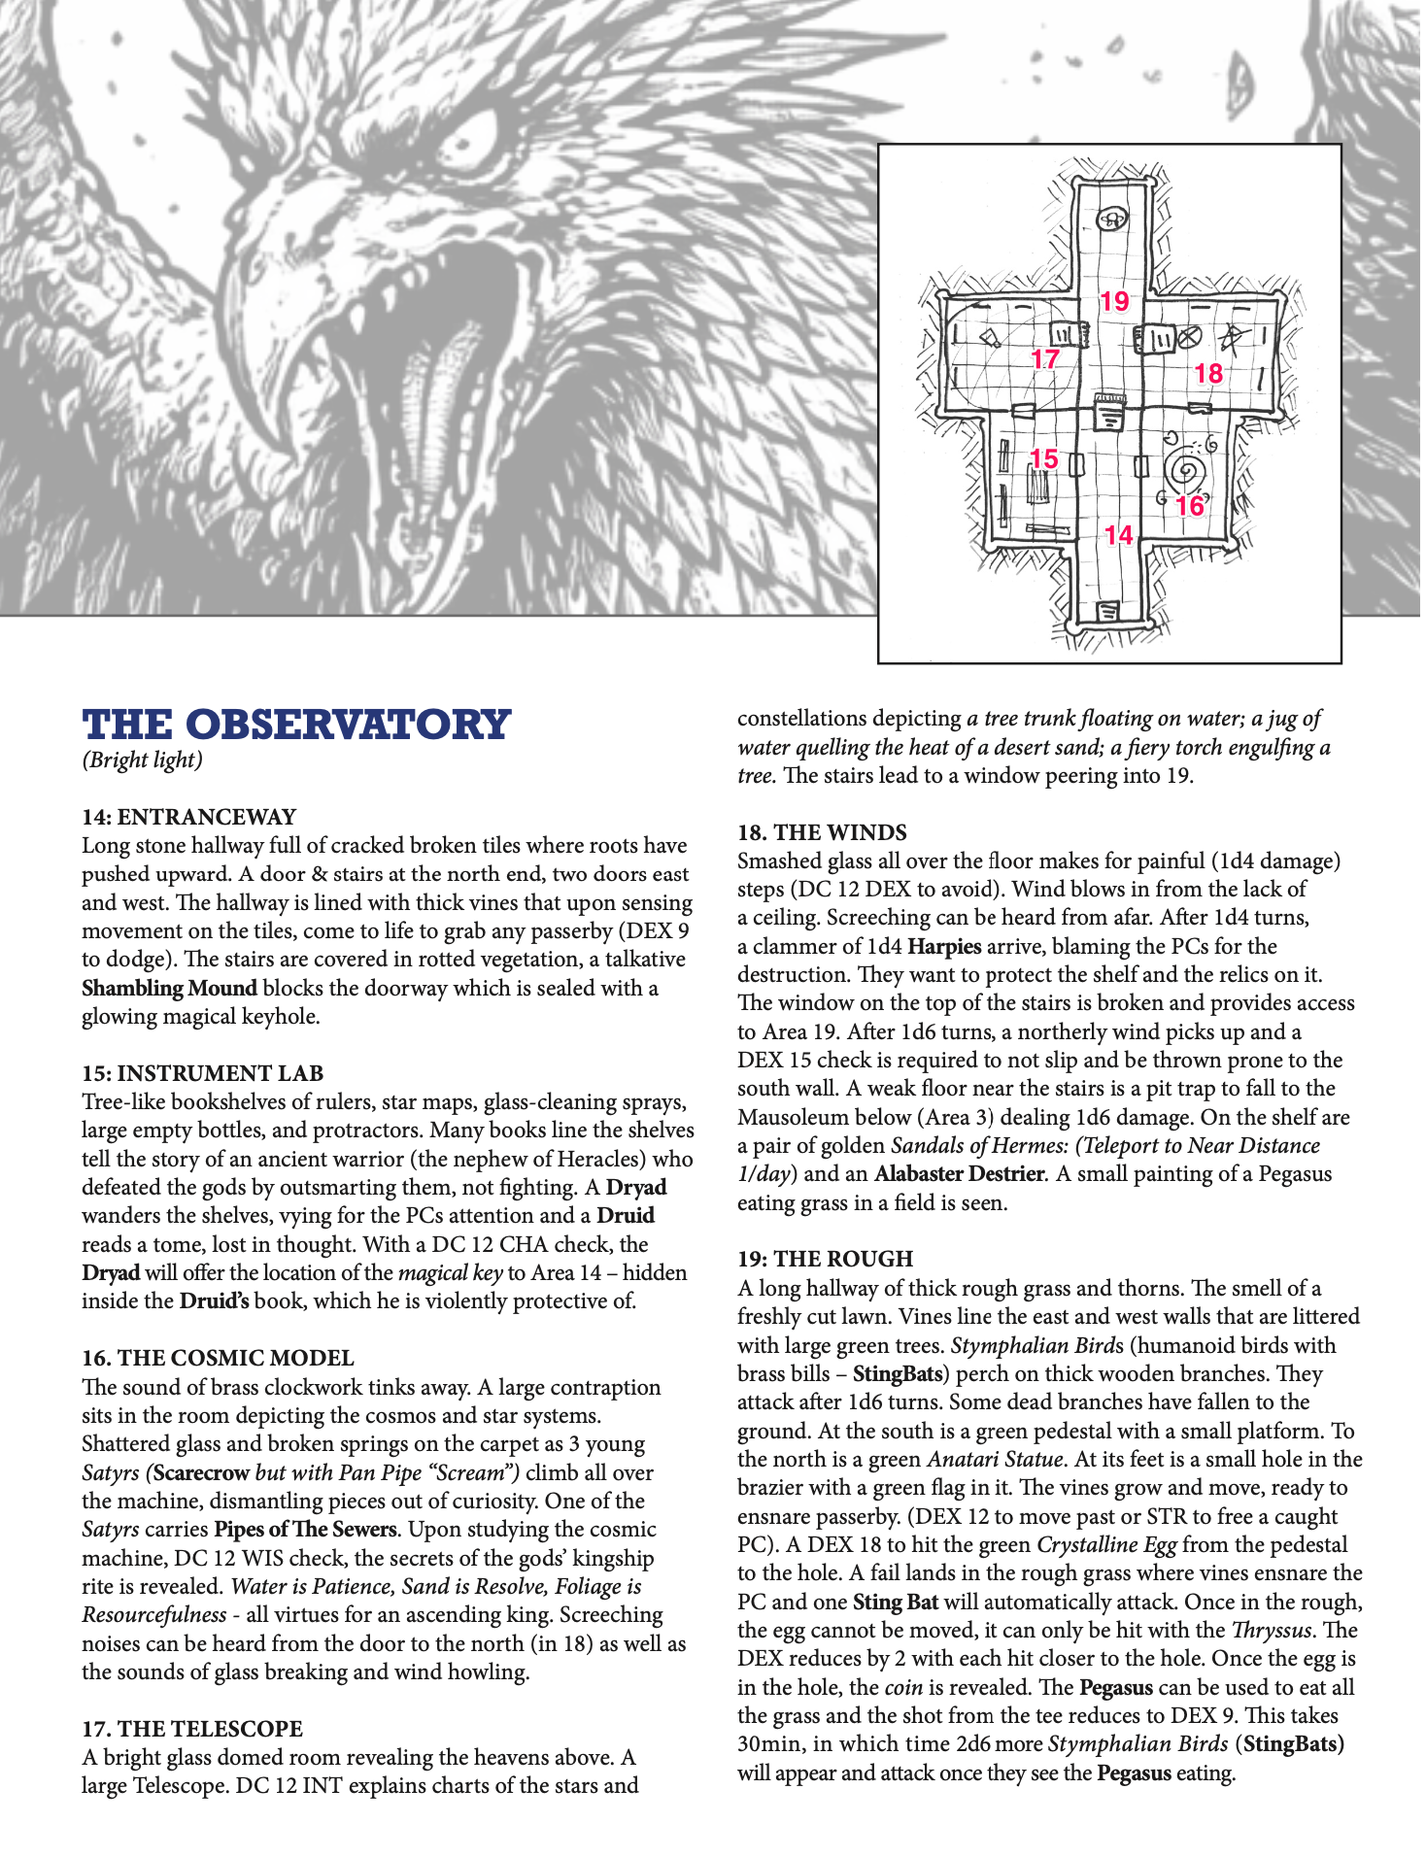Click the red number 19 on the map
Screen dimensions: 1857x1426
1114,301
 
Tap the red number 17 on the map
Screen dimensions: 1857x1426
1044,359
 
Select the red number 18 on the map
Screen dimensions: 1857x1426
1208,373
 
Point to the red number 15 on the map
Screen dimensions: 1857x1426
1043,458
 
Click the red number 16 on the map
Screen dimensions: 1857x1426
1190,506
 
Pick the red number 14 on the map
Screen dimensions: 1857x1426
1118,535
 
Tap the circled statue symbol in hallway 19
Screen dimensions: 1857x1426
1112,219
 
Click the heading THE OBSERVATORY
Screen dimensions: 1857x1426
296,725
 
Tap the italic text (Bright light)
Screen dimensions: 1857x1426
142,760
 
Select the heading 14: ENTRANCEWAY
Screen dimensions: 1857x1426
188,817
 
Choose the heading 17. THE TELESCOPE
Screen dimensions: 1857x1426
192,1729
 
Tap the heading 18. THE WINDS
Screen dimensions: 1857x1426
822,832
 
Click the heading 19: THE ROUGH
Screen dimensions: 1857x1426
825,1259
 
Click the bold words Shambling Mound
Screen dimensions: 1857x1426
169,988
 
